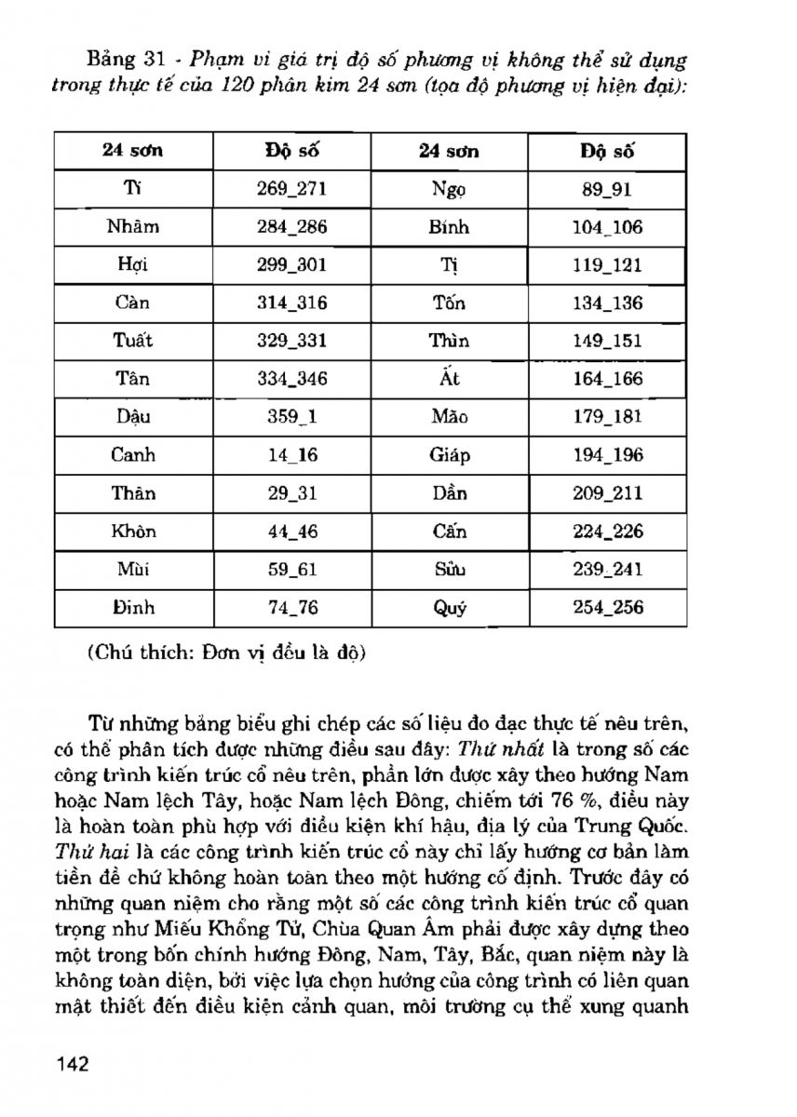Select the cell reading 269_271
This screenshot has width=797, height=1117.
point(291,189)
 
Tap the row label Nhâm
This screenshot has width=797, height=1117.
point(133,227)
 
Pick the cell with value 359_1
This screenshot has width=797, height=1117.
point(291,417)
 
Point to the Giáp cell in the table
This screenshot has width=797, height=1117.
point(450,455)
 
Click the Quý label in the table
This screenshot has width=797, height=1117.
point(450,608)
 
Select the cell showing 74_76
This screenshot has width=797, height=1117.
point(291,608)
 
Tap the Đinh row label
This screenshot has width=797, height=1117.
point(133,608)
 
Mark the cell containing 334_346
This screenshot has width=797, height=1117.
point(291,379)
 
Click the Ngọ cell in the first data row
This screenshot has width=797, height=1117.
point(450,189)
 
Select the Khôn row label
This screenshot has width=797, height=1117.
point(133,532)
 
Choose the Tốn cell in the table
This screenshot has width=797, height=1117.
point(450,303)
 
